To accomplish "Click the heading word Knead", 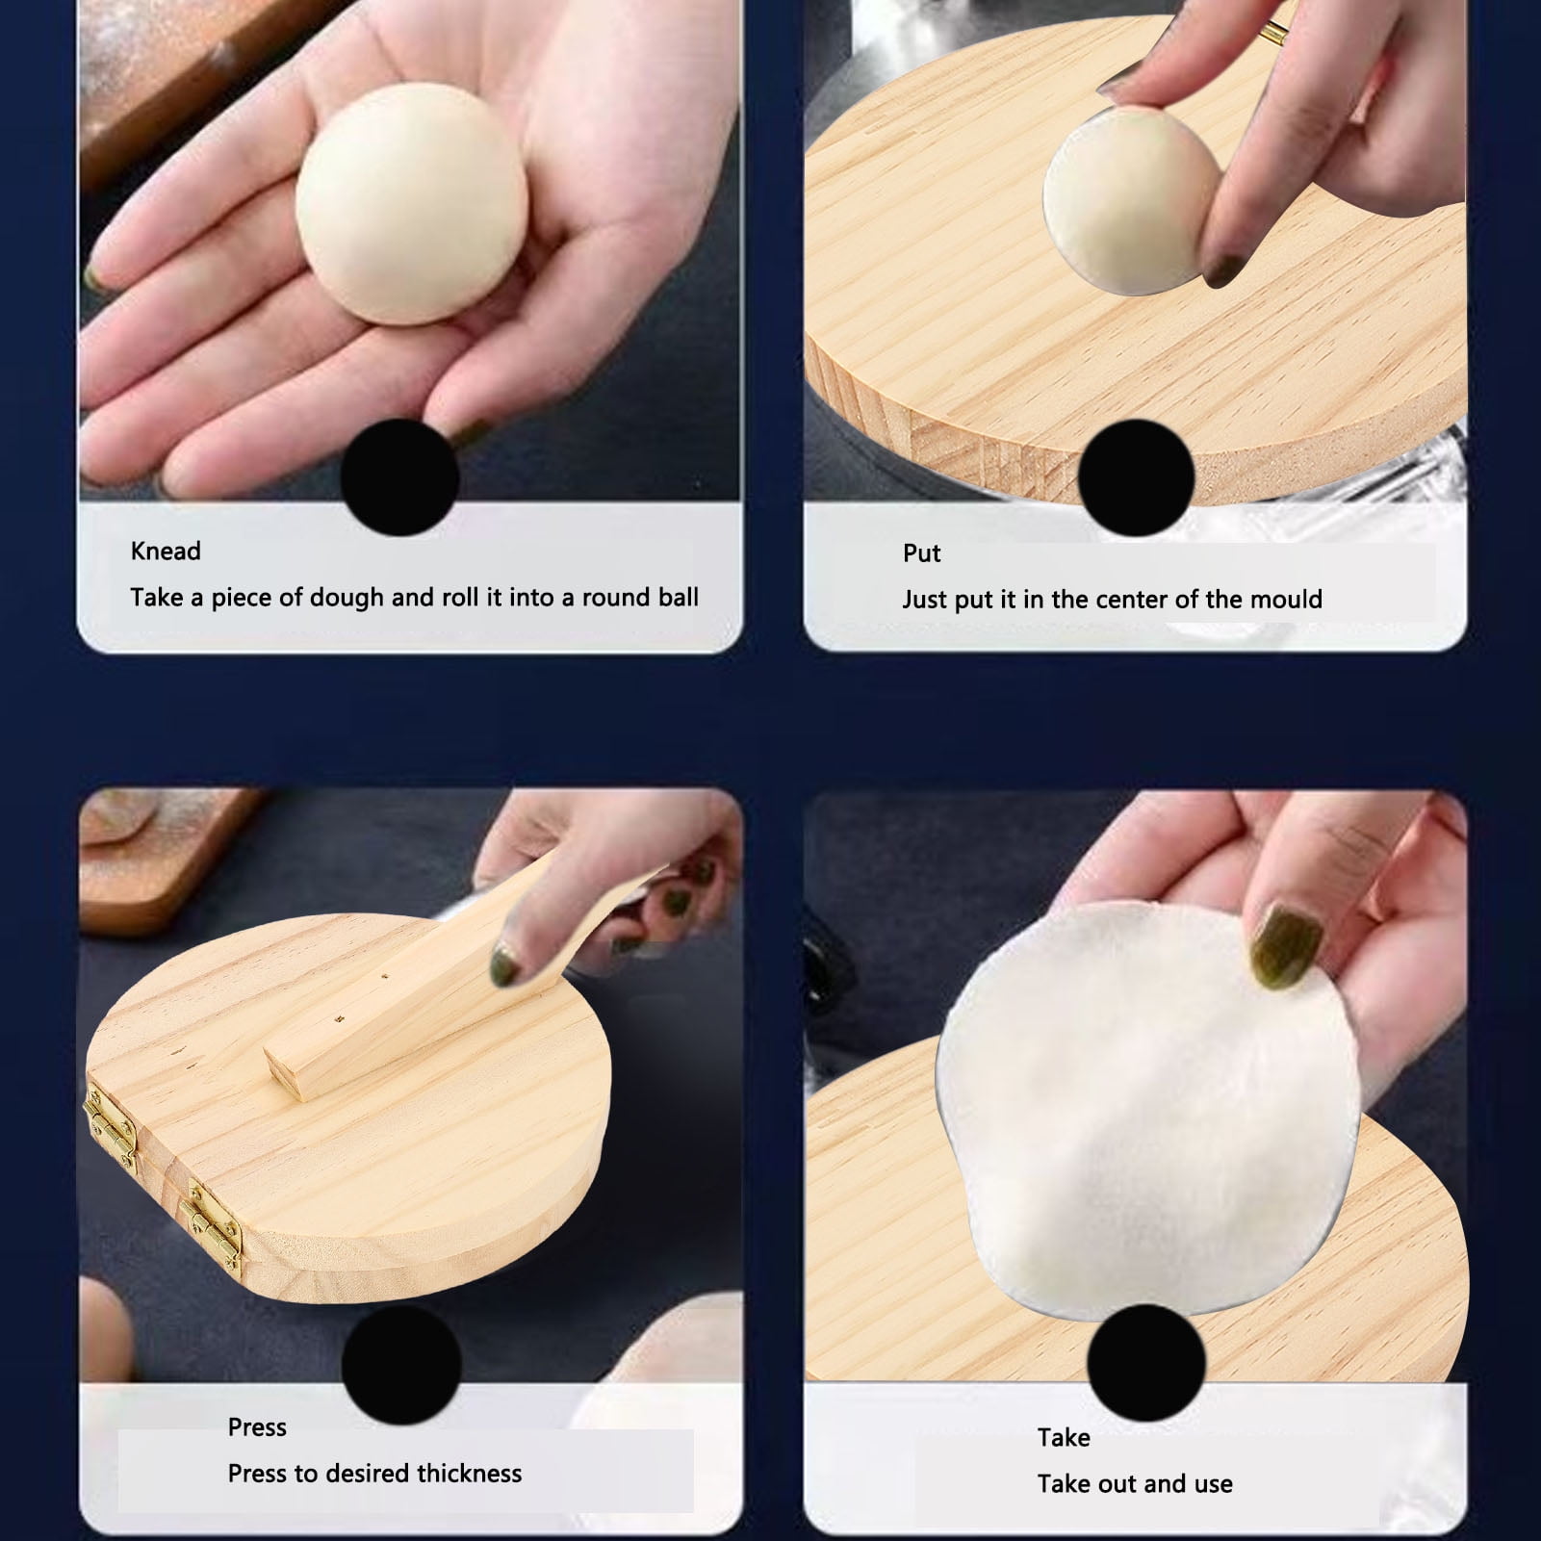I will coord(166,552).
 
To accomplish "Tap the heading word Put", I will coord(921,553).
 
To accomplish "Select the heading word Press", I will coord(257,1427).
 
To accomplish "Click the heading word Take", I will coord(1064,1438).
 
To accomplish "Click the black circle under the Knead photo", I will coord(399,476).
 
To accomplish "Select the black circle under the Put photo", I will coord(1136,477).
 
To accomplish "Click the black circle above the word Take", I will coord(1145,1364).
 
